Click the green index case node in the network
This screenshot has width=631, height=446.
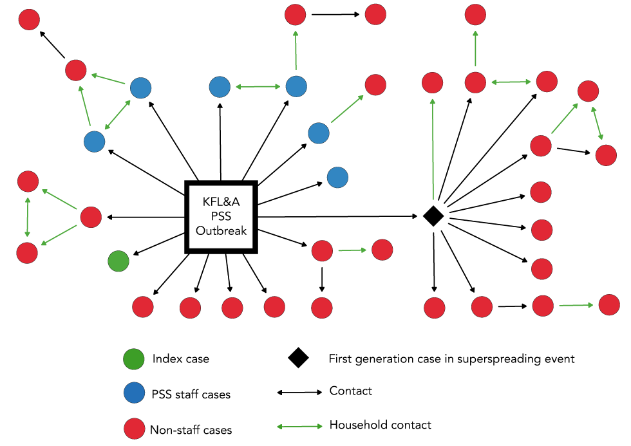[x=118, y=261]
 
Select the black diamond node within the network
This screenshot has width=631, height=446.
[x=433, y=216]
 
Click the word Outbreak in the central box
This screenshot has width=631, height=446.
[x=221, y=230]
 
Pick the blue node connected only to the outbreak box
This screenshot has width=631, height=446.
[x=337, y=177]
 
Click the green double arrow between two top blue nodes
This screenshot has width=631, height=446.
[x=258, y=86]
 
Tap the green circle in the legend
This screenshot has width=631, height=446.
[x=135, y=358]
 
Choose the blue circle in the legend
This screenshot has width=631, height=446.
[x=135, y=393]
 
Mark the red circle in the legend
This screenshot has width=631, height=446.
[x=135, y=429]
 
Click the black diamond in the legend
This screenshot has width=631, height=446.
[x=297, y=358]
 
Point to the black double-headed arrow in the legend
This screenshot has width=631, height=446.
[x=299, y=392]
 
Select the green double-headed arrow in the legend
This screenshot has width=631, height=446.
[x=299, y=426]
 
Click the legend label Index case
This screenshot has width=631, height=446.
[x=181, y=358]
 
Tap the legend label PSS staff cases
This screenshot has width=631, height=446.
[x=191, y=394]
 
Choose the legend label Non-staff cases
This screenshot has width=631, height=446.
[x=191, y=430]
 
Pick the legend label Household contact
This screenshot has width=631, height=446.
[x=380, y=425]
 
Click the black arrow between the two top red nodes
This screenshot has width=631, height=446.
[x=335, y=14]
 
